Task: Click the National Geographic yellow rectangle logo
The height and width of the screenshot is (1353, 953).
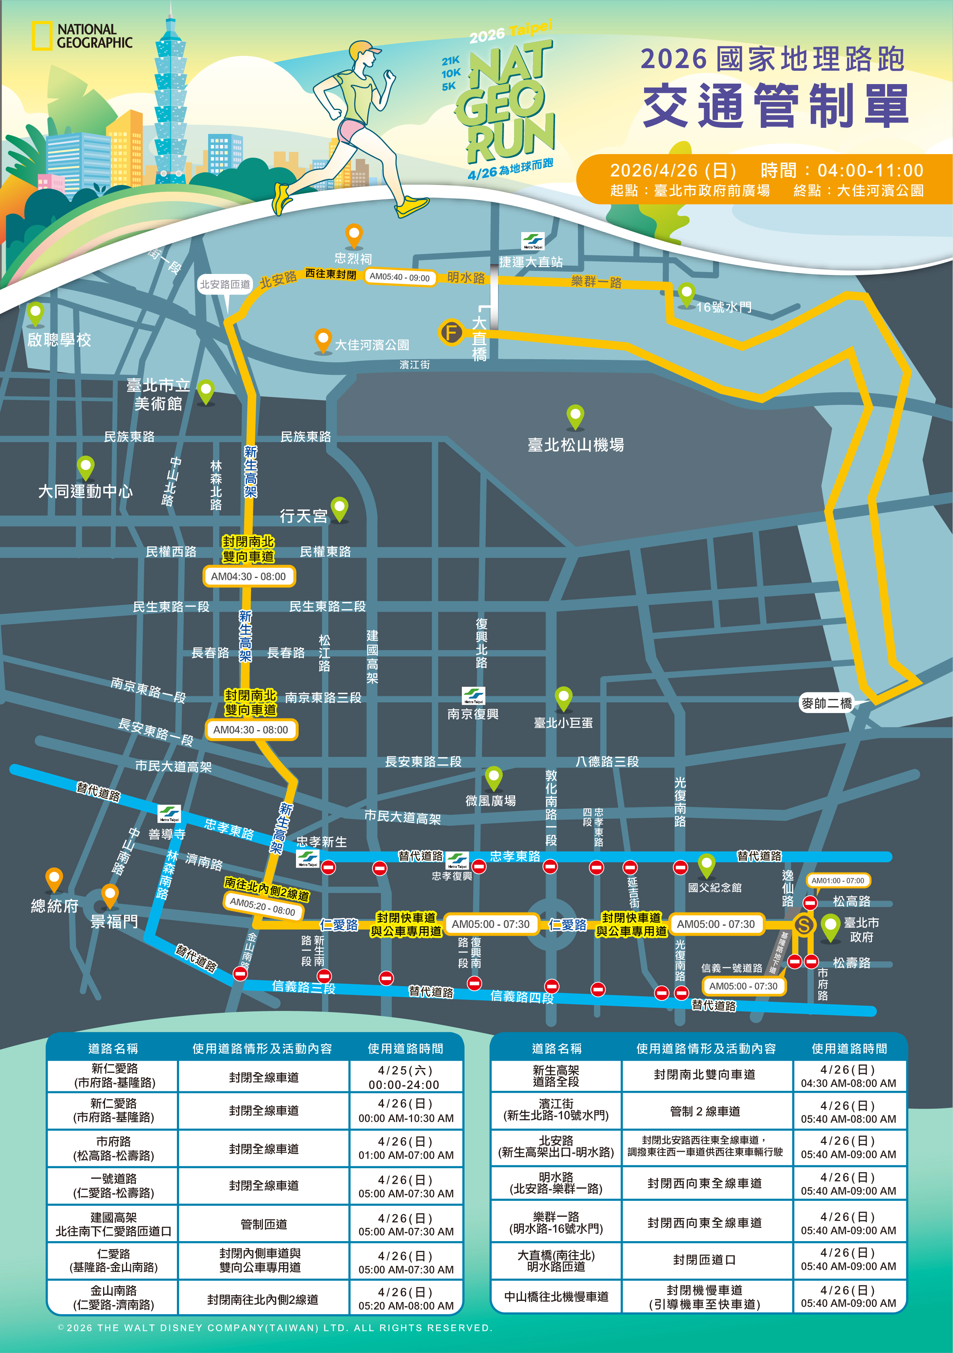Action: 41,35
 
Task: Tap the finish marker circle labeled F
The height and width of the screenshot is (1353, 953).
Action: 452,333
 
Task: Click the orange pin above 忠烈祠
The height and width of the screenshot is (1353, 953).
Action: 353,235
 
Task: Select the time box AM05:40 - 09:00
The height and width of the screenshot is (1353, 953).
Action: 399,277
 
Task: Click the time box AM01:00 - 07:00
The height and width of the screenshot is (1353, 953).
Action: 837,880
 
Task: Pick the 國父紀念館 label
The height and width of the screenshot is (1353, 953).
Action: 714,887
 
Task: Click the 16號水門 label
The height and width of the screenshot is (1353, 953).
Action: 724,307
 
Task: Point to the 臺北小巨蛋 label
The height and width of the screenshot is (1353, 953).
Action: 563,723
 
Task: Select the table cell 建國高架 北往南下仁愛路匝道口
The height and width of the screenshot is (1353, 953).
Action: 113,1224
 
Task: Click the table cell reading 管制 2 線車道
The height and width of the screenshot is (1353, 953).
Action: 705,1111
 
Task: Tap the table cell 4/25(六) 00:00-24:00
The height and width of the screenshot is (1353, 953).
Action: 404,1077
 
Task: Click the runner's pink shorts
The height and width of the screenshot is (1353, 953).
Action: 351,130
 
